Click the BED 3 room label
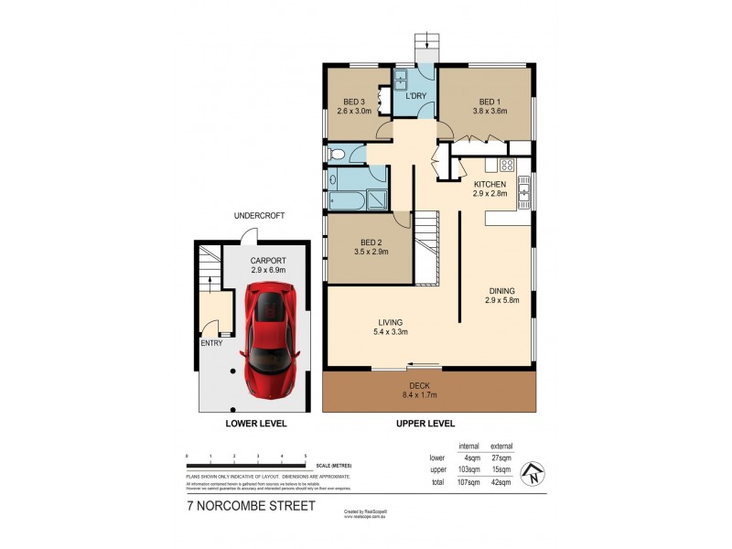pos(355,102)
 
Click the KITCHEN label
pos(490,185)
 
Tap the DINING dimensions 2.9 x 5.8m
pos(503,299)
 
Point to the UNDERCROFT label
pos(260,216)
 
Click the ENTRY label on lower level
pos(210,344)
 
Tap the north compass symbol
pos(531,474)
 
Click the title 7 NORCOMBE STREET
pos(246,505)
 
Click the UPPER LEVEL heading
pos(425,424)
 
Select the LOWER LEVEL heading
pos(256,424)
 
